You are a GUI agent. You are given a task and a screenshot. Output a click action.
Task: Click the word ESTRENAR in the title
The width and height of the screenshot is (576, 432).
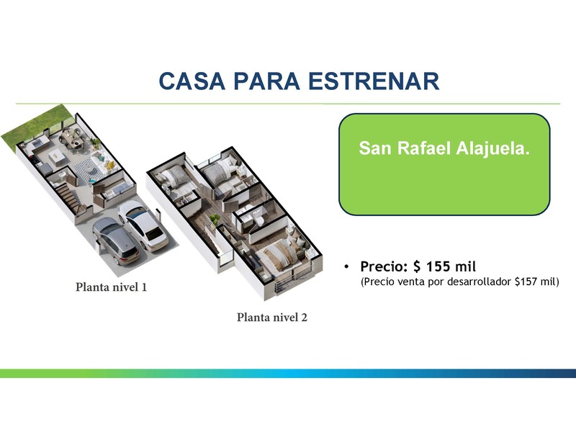point(374,81)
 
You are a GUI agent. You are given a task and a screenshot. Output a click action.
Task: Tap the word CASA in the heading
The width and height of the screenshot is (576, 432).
point(192,81)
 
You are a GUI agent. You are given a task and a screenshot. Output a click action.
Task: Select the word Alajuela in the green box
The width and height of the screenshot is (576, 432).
point(492,148)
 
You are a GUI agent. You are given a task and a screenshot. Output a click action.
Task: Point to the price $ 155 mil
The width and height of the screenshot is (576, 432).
point(444,266)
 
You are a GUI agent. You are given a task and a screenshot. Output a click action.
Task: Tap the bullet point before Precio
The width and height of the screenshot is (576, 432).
point(346,266)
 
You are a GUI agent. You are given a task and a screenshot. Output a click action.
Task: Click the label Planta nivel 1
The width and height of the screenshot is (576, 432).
point(111,287)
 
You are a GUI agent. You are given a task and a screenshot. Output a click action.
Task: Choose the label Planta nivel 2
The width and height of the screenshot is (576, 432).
point(272,317)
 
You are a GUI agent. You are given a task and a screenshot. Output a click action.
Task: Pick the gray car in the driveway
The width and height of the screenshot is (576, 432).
point(115,241)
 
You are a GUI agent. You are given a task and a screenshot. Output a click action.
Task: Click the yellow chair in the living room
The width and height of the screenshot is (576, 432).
point(110,166)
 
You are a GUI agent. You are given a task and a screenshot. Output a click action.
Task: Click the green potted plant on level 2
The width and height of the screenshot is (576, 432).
point(214,220)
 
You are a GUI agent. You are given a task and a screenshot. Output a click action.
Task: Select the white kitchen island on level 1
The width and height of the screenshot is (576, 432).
point(56,156)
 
